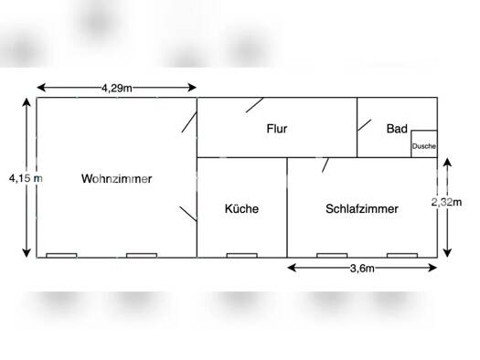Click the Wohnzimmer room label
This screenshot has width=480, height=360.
(x=116, y=179)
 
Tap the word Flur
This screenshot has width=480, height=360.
(x=277, y=129)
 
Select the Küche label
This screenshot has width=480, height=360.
(x=241, y=208)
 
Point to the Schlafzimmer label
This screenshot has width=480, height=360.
(x=361, y=208)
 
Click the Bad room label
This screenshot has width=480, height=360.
(x=396, y=129)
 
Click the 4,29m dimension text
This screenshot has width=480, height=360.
(x=117, y=88)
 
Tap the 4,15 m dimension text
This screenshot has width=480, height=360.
(x=25, y=178)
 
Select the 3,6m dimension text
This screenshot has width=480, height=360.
(x=363, y=268)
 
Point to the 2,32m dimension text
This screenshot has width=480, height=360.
(x=447, y=202)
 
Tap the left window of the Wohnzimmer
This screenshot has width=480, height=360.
(x=61, y=255)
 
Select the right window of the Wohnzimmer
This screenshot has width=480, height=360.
(x=141, y=255)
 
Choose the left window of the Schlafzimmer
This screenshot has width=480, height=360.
(x=331, y=255)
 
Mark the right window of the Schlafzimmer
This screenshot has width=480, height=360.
(x=400, y=255)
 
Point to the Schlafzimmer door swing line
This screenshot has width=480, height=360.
(x=325, y=164)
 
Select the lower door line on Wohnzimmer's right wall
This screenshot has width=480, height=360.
(x=187, y=215)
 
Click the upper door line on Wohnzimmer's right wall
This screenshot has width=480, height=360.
(x=189, y=121)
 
